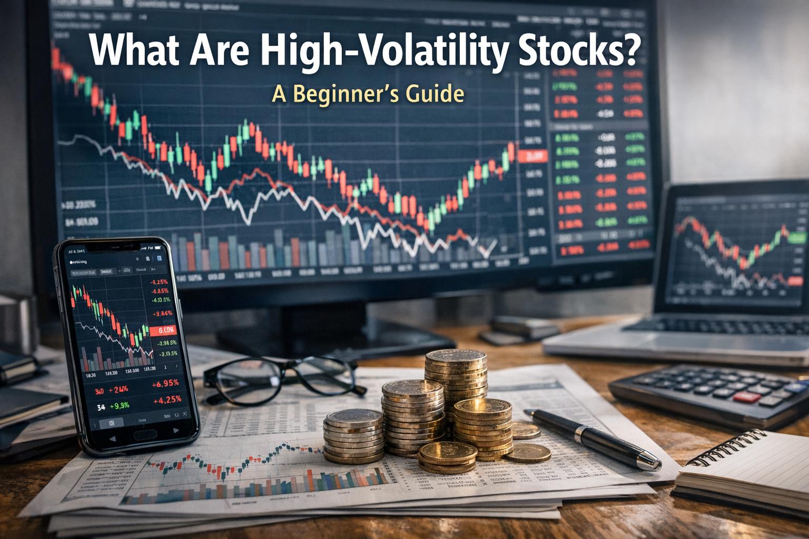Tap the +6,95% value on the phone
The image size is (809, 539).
tap(165, 384)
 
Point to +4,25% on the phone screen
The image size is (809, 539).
tap(167, 399)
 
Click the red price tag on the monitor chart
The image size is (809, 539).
tap(533, 156)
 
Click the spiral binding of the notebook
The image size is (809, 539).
tap(727, 446)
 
